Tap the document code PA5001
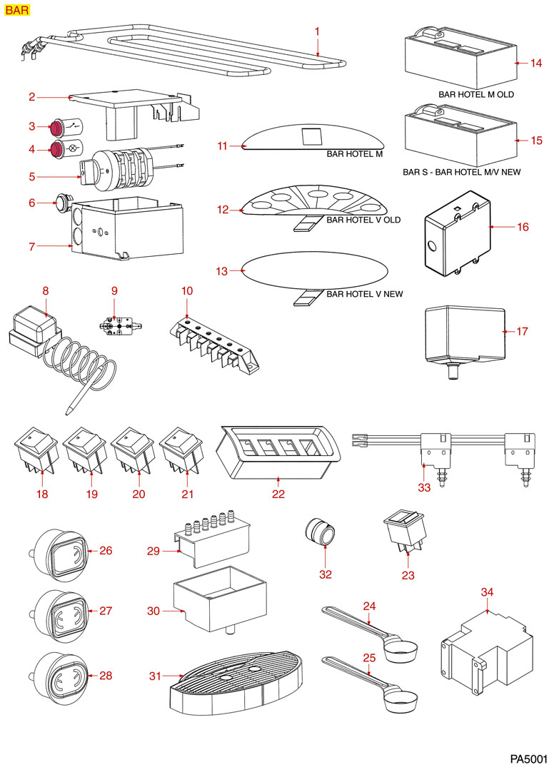tap(528, 756)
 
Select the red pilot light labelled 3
tap(55, 128)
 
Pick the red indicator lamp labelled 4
tap(55, 150)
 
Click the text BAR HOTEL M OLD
tap(475, 94)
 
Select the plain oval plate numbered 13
tap(314, 271)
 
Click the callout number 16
tap(523, 227)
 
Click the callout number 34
tap(487, 592)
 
